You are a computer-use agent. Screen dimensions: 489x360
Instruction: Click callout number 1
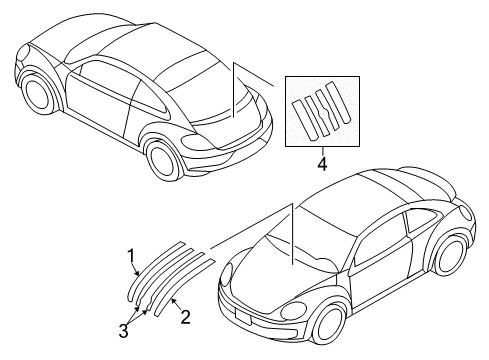point(132,256)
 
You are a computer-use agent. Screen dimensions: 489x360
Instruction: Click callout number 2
point(185,317)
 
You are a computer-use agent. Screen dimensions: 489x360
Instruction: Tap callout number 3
point(123,331)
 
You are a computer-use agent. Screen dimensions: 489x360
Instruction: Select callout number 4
point(322,164)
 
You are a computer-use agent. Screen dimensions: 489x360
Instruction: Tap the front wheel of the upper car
point(37,93)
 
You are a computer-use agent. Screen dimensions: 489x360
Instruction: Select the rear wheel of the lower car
point(451,255)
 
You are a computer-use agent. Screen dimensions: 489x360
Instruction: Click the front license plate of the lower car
point(242,316)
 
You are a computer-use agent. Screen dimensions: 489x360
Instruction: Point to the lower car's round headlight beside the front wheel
point(294,311)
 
